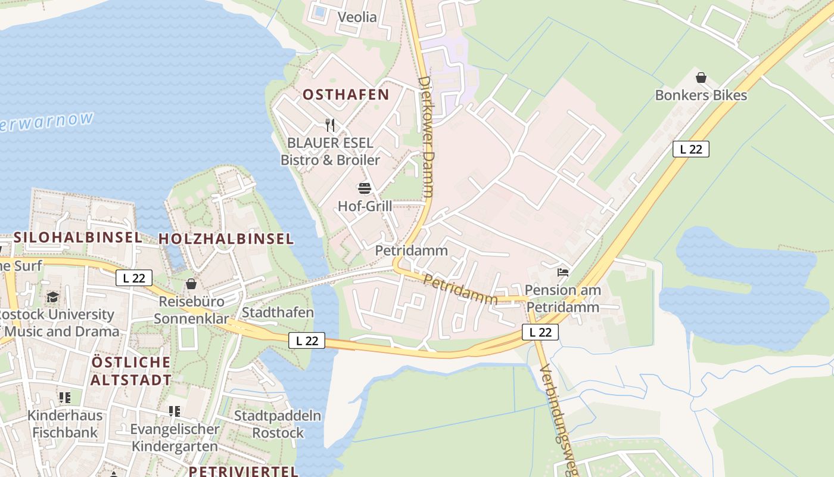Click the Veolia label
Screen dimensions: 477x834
pyautogui.click(x=357, y=17)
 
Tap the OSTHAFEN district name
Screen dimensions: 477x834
pyautogui.click(x=346, y=94)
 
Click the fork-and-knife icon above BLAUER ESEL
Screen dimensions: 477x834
pyautogui.click(x=330, y=125)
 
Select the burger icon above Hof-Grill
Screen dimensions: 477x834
pyautogui.click(x=365, y=189)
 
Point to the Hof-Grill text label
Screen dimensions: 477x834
pyautogui.click(x=365, y=206)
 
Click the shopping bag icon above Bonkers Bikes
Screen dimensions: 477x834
pyautogui.click(x=701, y=78)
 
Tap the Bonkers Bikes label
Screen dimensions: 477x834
pyautogui.click(x=701, y=95)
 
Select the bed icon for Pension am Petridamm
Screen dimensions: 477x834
pyautogui.click(x=562, y=273)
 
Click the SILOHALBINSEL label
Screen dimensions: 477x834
pyautogui.click(x=77, y=237)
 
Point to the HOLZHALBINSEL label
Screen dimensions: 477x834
pyautogui.click(x=226, y=239)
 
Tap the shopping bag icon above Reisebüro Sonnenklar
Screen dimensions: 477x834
pyautogui.click(x=191, y=284)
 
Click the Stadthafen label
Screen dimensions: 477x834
pyautogui.click(x=278, y=312)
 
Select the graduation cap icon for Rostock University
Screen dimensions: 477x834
pyautogui.click(x=52, y=297)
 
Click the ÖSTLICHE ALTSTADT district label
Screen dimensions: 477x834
pyautogui.click(x=131, y=370)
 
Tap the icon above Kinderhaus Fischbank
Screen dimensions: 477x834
pyautogui.click(x=65, y=397)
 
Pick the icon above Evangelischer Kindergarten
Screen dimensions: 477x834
pyautogui.click(x=174, y=411)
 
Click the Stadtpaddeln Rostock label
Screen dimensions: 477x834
pyautogui.click(x=278, y=424)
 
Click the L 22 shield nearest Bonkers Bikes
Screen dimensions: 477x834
pyautogui.click(x=691, y=149)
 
